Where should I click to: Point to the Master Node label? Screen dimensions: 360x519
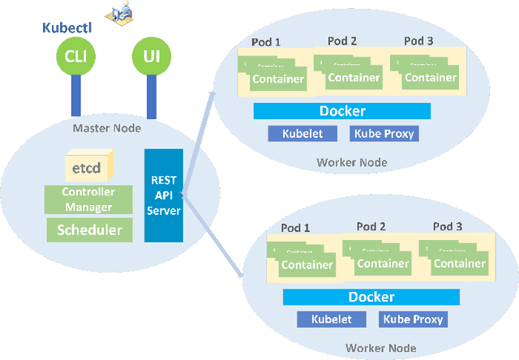click(106, 128)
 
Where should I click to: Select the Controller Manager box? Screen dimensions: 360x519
click(89, 199)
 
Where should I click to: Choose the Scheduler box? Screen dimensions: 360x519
click(89, 229)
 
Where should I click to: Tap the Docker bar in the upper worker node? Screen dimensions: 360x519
click(343, 111)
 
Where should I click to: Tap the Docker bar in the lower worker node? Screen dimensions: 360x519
click(371, 297)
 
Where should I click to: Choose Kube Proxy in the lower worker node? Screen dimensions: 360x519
click(414, 319)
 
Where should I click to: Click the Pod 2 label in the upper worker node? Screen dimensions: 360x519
click(342, 41)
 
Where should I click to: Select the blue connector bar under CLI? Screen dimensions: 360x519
click(75, 96)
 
